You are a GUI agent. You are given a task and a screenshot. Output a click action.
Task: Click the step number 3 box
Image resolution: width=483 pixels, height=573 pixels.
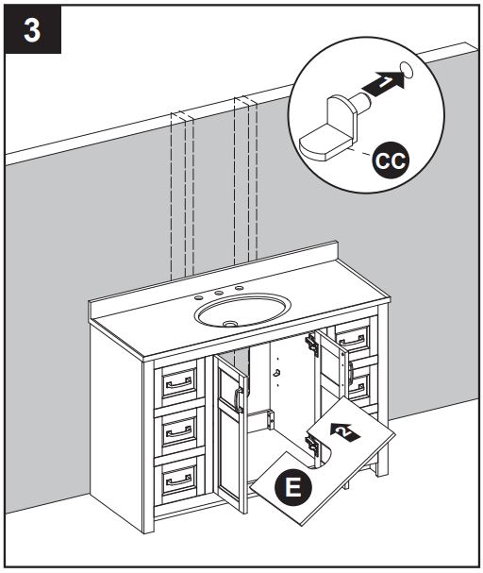(31, 30)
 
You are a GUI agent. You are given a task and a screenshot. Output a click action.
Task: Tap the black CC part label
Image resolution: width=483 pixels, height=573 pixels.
(387, 160)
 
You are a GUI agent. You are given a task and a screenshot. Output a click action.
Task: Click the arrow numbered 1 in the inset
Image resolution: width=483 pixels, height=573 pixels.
(384, 86)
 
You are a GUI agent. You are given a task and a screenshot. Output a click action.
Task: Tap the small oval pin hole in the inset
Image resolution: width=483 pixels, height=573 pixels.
(408, 68)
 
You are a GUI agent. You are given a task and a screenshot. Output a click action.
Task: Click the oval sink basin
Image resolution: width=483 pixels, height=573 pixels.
(242, 307)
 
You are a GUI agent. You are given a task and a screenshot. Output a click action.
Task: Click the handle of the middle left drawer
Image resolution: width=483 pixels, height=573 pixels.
(178, 431)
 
